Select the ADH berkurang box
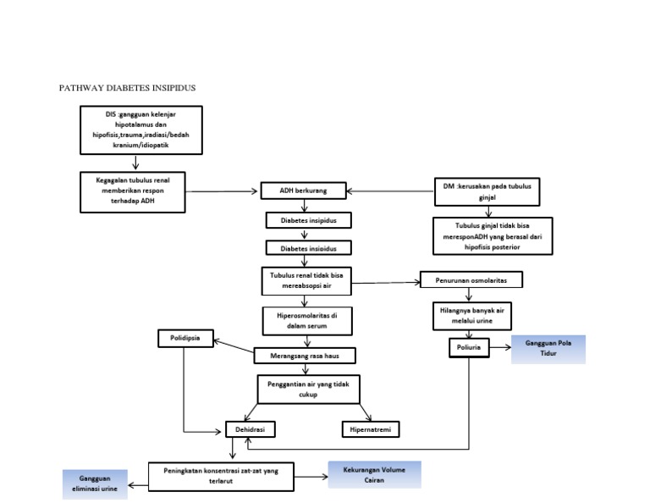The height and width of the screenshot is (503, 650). [x=302, y=191]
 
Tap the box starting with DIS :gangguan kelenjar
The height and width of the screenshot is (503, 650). [x=141, y=130]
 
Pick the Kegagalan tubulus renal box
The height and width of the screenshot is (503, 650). [x=133, y=191]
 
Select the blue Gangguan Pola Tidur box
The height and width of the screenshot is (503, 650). [x=548, y=349]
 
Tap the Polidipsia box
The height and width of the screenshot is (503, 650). [x=185, y=340]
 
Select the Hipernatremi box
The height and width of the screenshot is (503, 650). [x=370, y=429]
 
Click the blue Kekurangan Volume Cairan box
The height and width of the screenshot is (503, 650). [x=374, y=474]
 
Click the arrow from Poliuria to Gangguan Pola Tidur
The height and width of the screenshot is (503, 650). [x=500, y=347]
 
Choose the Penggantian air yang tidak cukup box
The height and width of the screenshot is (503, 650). [x=307, y=389]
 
